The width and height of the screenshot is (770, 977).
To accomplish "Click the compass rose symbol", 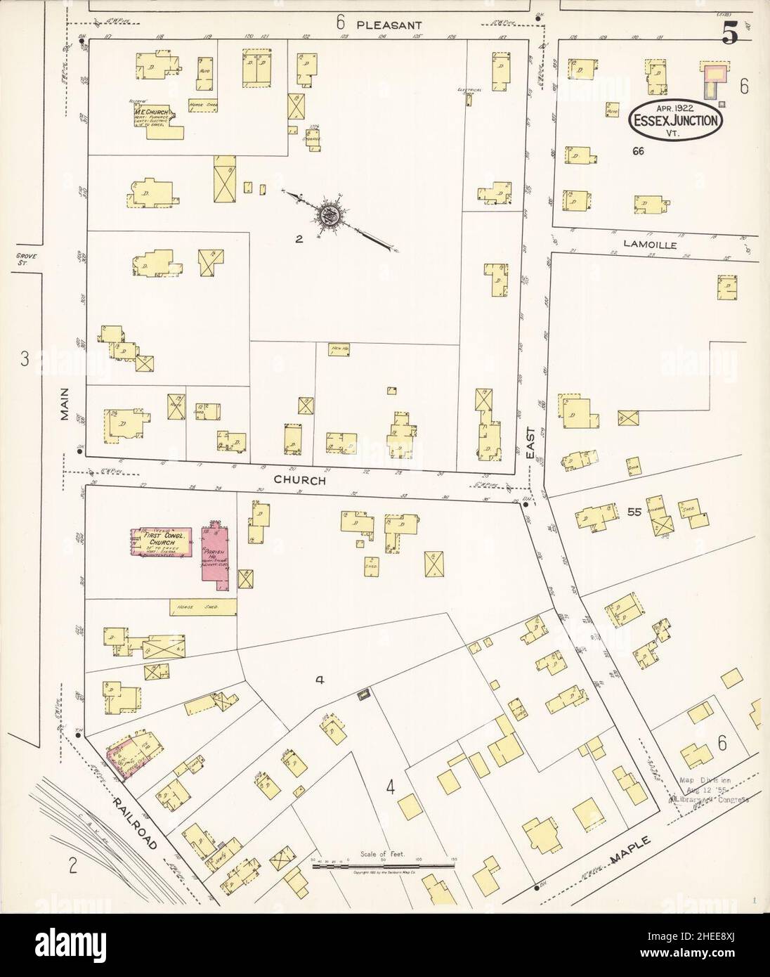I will click(x=327, y=214).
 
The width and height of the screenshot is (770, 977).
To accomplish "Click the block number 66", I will click(x=637, y=151).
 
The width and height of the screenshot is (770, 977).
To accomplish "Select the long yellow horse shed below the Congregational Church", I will click(x=202, y=607).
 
